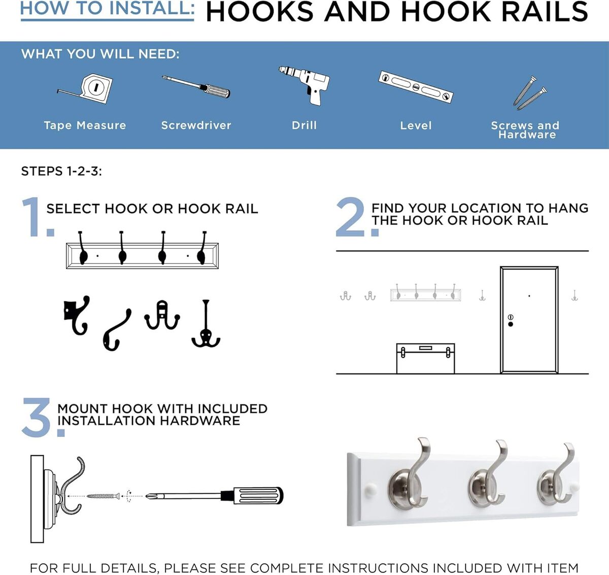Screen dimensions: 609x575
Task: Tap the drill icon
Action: pos(304,85)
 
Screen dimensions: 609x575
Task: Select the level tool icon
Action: pos(416,87)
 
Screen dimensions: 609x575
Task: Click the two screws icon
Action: pos(530,93)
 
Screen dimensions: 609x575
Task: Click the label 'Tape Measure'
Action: pos(85,125)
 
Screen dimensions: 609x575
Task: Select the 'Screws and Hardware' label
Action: pos(525,130)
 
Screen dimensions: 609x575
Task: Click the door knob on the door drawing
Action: pos(511,324)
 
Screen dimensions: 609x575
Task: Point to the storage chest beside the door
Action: pos(425,358)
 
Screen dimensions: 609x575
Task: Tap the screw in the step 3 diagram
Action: pos(104,496)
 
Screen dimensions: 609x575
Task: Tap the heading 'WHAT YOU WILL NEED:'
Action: pos(100,54)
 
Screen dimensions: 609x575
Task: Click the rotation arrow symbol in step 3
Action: pos(129,496)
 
